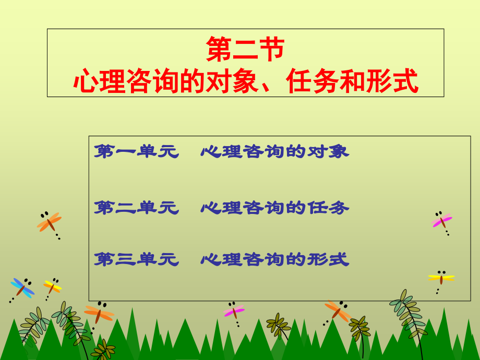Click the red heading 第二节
[245, 50]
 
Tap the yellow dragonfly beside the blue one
[52, 286]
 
